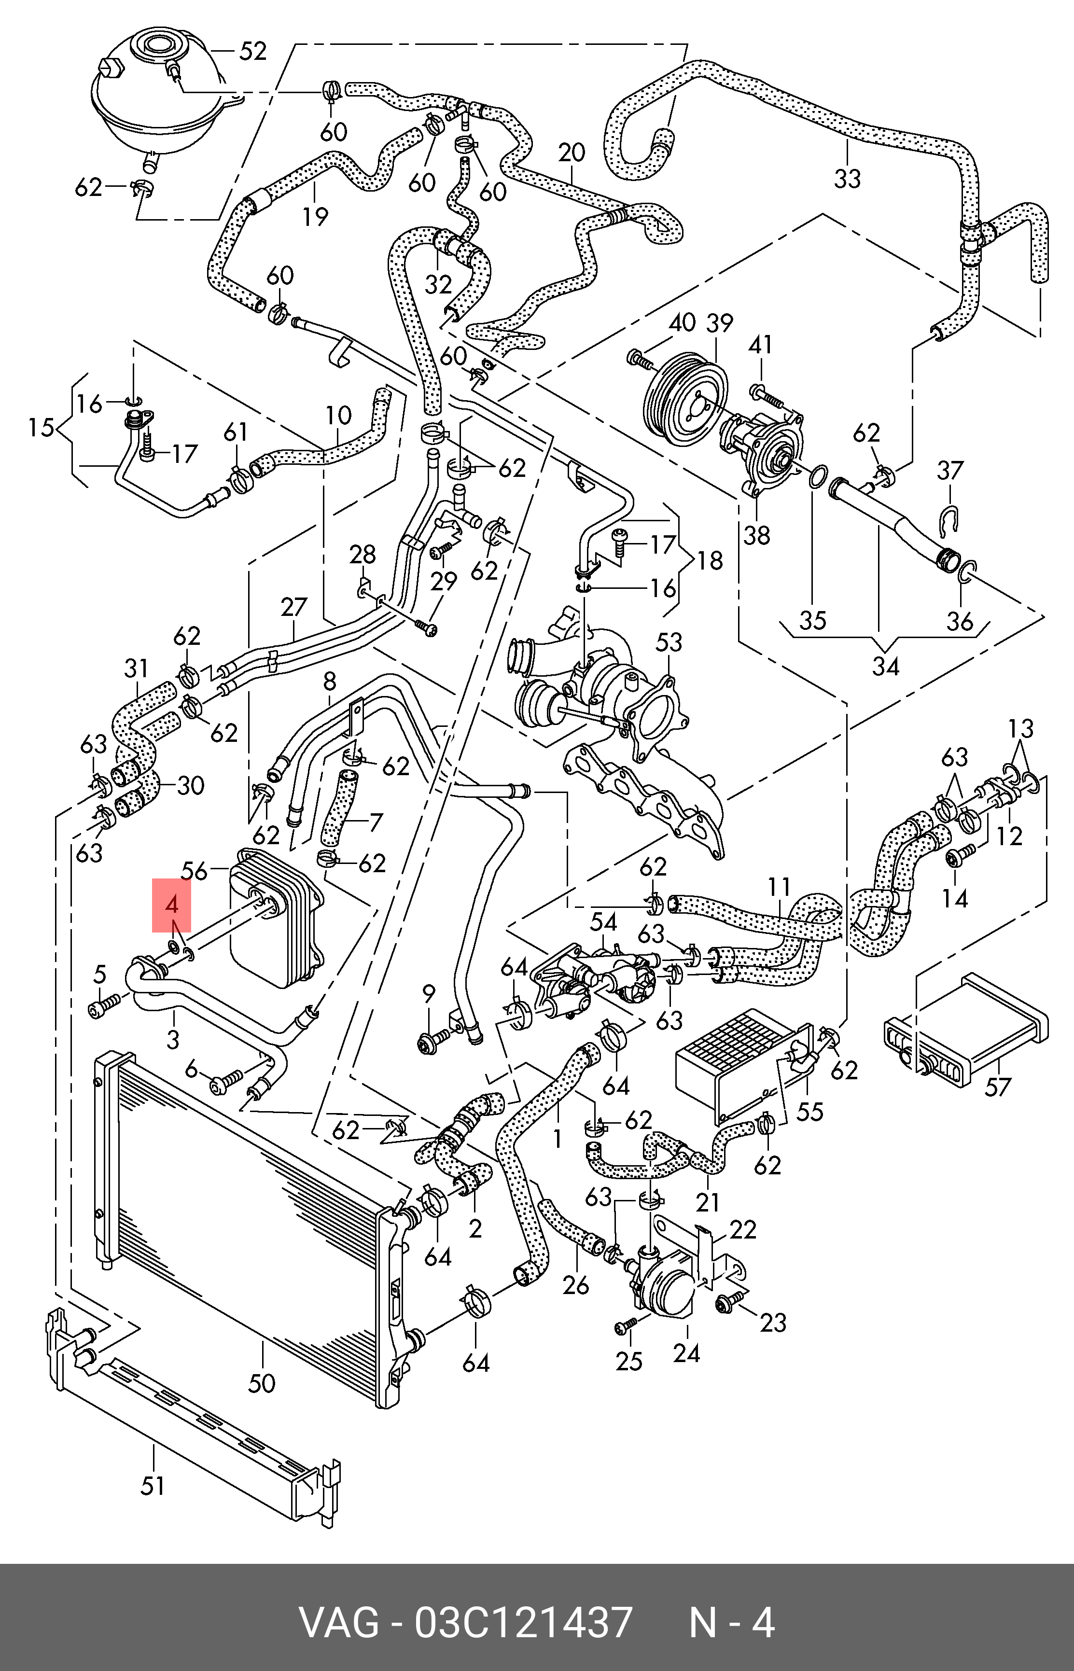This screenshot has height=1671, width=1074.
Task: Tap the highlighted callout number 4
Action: coord(171,906)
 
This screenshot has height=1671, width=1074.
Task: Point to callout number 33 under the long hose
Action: coord(847,179)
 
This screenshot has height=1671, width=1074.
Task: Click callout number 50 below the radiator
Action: coord(262,1382)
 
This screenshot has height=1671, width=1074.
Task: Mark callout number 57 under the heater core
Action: coord(997,1086)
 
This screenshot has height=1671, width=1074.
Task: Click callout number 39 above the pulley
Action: coord(719,323)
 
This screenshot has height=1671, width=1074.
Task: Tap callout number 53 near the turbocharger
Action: coord(669,641)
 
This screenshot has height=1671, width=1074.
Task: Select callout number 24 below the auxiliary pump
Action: coord(686,1353)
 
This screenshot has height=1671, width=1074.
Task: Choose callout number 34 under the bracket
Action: coord(886,667)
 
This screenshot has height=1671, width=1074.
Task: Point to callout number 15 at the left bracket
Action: coord(41,427)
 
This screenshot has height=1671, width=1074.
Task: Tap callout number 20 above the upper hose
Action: coord(571,153)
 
